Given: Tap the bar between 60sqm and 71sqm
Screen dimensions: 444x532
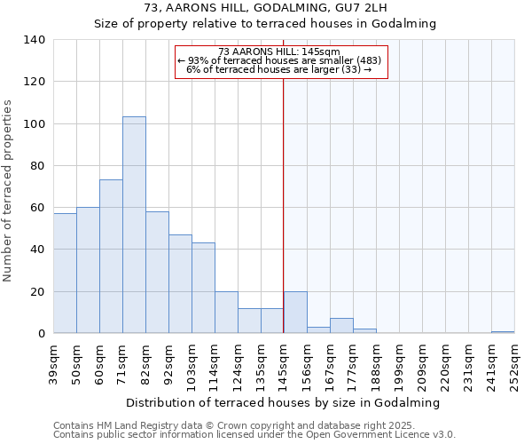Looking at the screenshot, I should (111, 257).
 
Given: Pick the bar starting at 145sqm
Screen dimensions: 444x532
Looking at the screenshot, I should (295, 313).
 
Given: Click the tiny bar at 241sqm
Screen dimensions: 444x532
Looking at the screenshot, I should (503, 332).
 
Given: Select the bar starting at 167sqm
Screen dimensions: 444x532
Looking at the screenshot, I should (341, 326).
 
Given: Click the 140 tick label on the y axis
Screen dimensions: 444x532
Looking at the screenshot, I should (35, 40).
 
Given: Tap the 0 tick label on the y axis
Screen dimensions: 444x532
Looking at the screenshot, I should (42, 334).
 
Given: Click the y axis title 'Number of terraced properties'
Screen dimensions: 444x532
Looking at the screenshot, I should (8, 190).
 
